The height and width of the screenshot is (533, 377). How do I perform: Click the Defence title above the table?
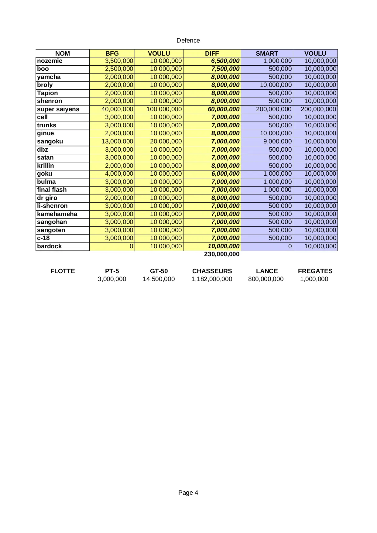[188, 40]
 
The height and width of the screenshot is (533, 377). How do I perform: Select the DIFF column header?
[212, 53]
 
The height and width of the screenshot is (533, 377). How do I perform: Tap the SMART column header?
[267, 53]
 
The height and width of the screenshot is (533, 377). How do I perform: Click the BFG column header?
[112, 53]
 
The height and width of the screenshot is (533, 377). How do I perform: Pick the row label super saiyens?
[58, 109]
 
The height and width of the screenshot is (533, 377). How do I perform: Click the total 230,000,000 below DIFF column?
[222, 254]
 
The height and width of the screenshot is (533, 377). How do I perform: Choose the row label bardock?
[49, 246]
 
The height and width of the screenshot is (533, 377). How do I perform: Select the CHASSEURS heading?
[212, 271]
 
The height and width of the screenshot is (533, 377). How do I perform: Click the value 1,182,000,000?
[212, 279]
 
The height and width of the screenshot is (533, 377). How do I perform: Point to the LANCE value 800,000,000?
[266, 279]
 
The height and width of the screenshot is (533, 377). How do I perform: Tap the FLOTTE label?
[63, 271]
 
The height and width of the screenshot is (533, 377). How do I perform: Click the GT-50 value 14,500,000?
[159, 279]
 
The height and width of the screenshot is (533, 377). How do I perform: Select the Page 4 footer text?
[188, 493]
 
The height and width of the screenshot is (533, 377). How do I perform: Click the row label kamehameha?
[57, 214]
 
